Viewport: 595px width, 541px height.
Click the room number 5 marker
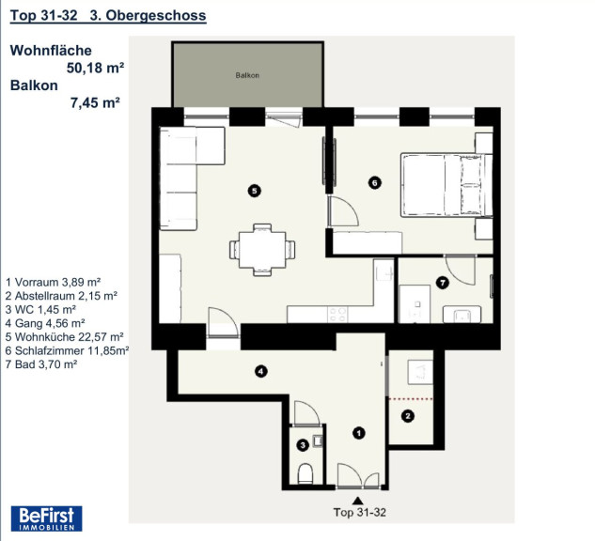click(254, 191)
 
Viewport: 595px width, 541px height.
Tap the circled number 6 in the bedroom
click(374, 183)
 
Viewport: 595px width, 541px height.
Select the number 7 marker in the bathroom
click(443, 283)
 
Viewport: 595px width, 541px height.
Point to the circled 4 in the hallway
click(260, 372)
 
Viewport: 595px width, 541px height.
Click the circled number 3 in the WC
click(303, 444)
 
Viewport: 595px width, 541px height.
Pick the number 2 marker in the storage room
click(408, 416)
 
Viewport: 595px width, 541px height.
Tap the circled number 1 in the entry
click(358, 433)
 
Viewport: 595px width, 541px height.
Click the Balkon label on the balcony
click(247, 75)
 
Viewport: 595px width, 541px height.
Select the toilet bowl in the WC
click(305, 473)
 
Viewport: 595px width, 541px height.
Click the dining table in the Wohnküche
click(262, 250)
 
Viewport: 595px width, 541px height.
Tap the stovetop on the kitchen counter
click(337, 315)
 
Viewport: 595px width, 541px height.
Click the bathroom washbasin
click(462, 315)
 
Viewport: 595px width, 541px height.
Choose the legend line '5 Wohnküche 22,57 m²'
click(65, 337)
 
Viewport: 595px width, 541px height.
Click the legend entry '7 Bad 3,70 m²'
click(41, 364)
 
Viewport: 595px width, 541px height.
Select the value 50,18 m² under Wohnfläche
click(95, 68)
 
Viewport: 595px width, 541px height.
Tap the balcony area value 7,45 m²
click(95, 102)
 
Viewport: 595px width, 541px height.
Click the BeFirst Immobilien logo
click(46, 518)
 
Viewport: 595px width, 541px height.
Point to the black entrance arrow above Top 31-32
click(357, 501)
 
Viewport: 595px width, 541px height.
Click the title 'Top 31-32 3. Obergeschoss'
click(108, 16)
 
